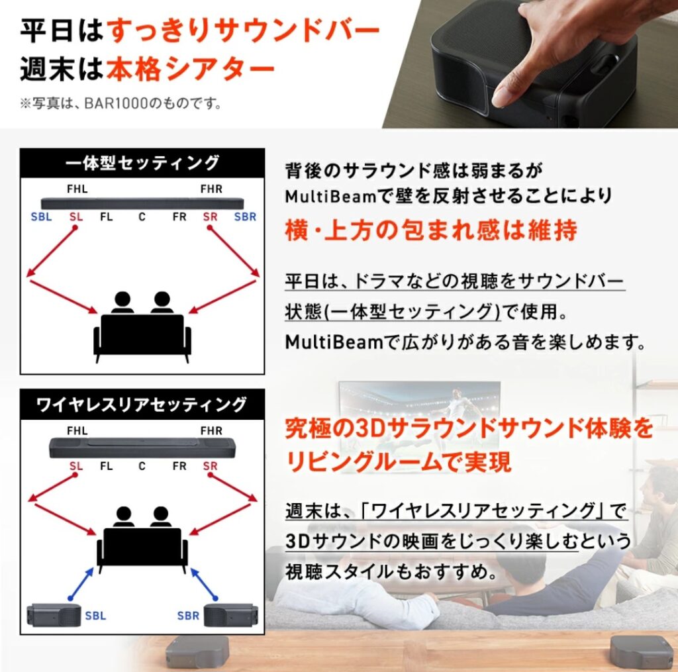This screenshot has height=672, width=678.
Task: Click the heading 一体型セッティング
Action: (x=142, y=163)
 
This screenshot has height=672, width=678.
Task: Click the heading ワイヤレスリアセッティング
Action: (x=142, y=404)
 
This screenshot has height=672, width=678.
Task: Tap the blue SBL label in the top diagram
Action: (x=41, y=216)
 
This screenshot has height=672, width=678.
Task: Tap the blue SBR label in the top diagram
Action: (x=245, y=216)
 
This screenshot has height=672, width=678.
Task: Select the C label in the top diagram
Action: (x=142, y=216)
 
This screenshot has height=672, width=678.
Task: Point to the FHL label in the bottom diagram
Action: (x=77, y=430)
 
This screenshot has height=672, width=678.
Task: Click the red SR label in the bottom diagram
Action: (x=211, y=466)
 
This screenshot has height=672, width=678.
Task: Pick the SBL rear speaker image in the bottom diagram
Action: (x=53, y=616)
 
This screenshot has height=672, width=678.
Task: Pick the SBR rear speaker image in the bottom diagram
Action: (x=231, y=616)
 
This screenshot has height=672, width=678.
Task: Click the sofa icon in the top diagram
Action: (x=142, y=334)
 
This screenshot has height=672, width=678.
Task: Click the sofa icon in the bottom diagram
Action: (x=142, y=546)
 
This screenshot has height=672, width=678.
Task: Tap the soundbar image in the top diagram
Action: (x=142, y=203)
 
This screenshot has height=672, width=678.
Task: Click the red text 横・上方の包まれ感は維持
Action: (x=431, y=230)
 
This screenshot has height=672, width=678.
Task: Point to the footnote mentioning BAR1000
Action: (x=119, y=103)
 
